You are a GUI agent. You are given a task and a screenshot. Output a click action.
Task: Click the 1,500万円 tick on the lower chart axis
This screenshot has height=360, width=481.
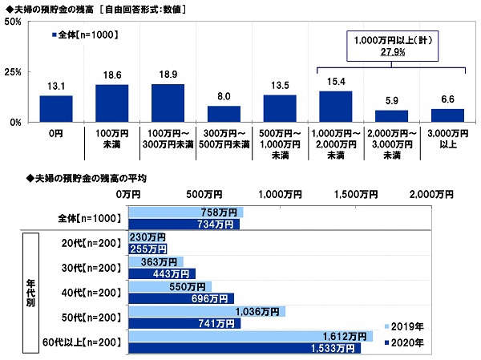point(356,194)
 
